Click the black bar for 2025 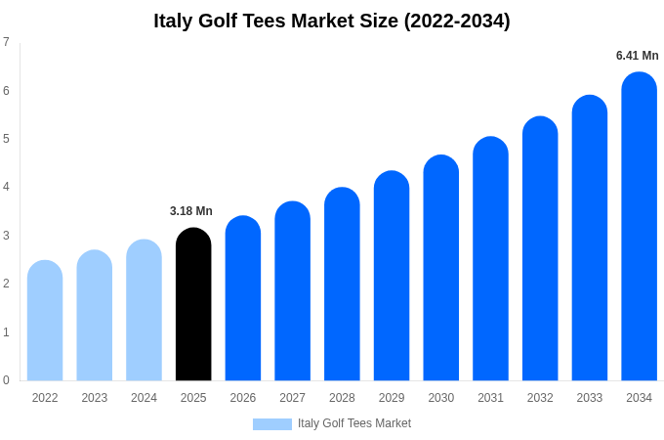(193, 304)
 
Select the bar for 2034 (639, 226)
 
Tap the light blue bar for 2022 (45, 321)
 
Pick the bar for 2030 (440, 268)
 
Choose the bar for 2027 (292, 290)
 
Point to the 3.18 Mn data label (191, 211)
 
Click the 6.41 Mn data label (637, 56)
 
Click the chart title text (332, 21)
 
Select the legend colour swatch (271, 424)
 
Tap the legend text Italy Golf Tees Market (354, 423)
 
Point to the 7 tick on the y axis (6, 42)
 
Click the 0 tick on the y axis (6, 380)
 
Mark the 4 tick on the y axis (6, 187)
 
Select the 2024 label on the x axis (144, 398)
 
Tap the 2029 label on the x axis (392, 398)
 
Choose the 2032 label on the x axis (540, 398)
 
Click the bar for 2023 (95, 315)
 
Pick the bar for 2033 (589, 238)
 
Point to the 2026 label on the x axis (243, 398)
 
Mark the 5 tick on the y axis (6, 139)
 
